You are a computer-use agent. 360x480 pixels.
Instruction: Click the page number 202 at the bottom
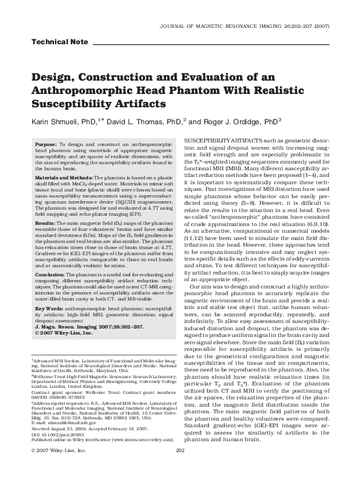179,467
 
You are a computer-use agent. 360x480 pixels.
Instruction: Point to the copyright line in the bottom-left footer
52,467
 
